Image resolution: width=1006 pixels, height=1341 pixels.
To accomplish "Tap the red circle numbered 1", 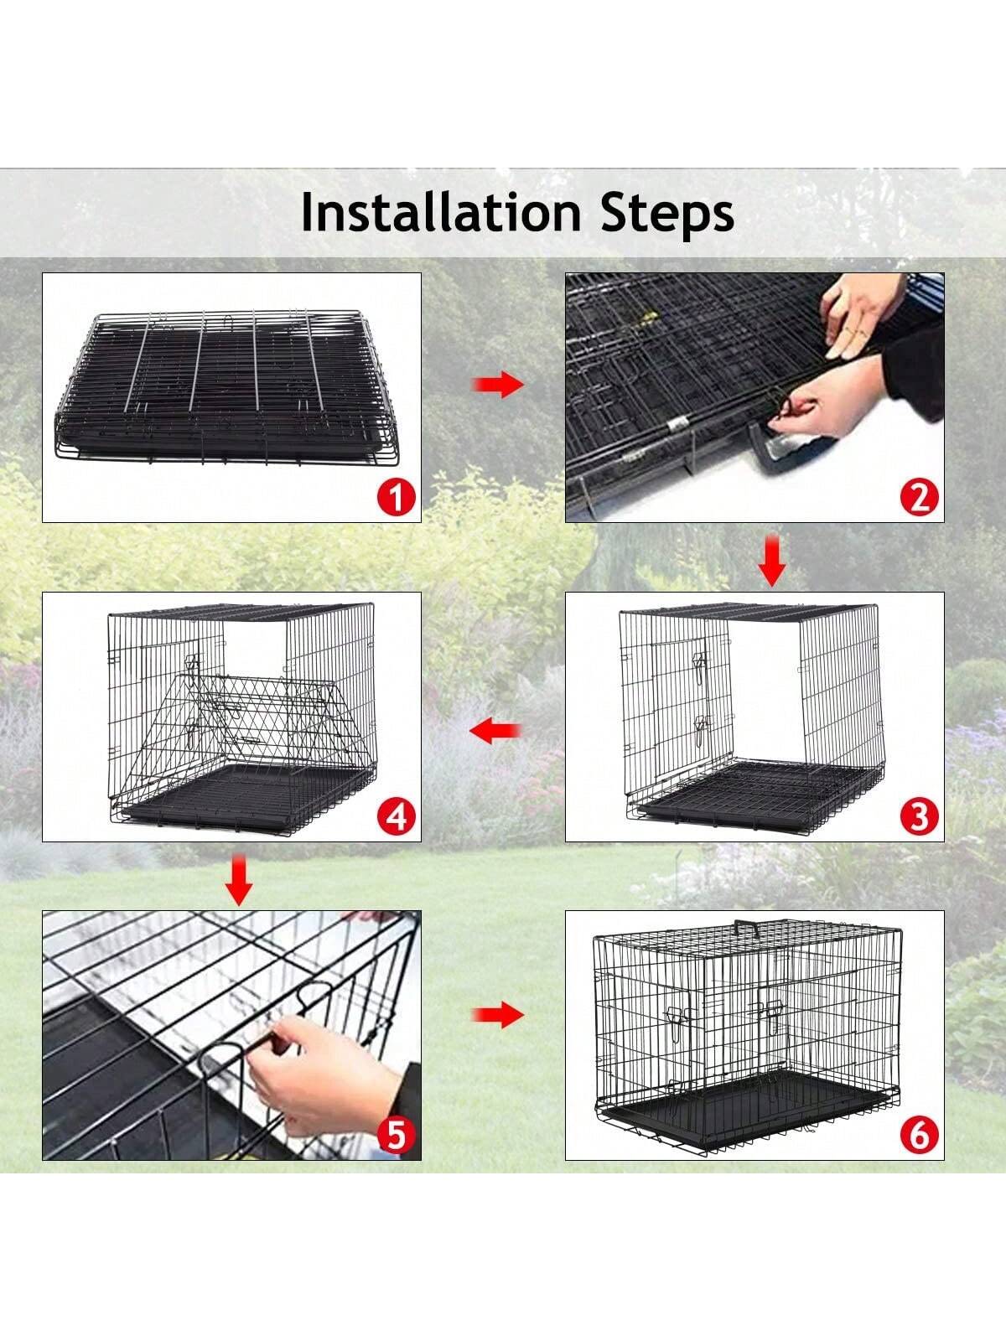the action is tap(396, 497).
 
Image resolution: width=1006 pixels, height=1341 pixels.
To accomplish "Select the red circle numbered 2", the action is tap(919, 497).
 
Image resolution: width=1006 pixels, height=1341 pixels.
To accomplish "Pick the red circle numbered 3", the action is tap(919, 817).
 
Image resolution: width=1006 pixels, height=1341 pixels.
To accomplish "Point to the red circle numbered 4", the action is tap(396, 817).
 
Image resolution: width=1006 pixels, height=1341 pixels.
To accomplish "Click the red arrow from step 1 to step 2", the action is tap(498, 386).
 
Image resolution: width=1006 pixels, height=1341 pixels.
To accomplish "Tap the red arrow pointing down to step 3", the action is tap(773, 561).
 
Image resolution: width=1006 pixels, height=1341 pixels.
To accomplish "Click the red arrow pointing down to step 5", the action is tap(239, 880).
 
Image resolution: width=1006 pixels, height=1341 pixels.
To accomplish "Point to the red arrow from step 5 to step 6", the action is tap(498, 1015).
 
